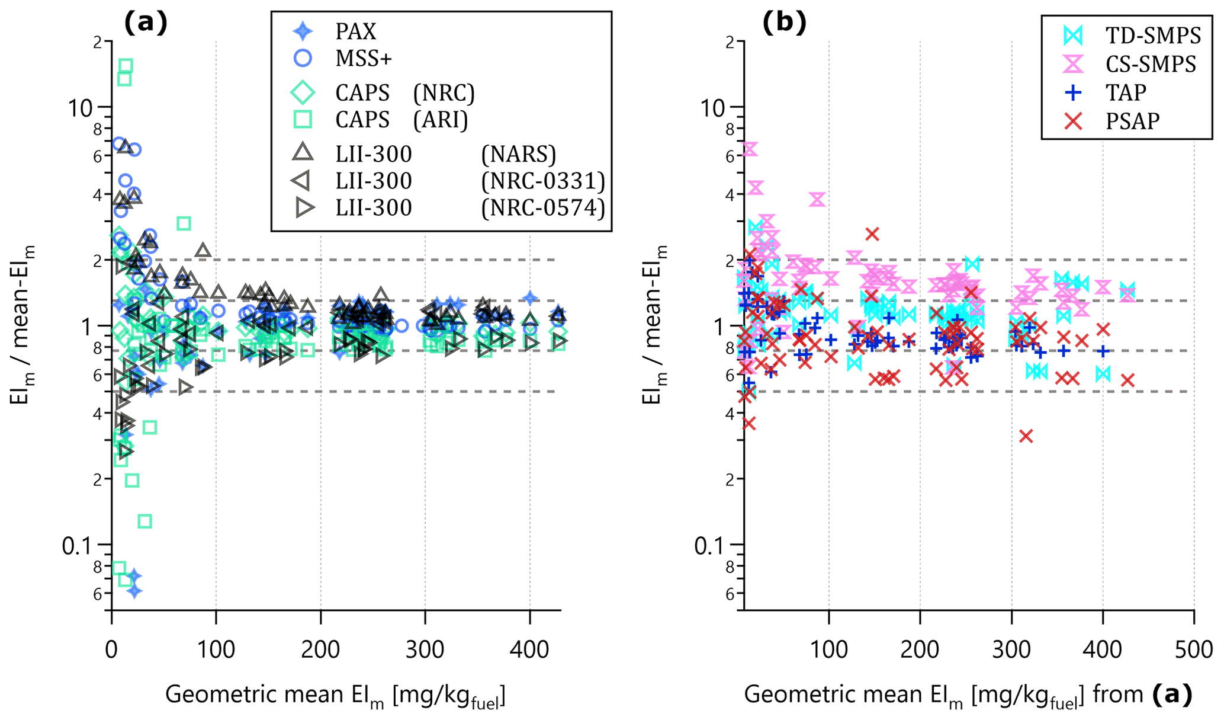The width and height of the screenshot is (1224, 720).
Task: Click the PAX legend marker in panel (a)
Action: click(303, 31)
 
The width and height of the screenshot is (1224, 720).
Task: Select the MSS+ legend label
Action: click(364, 59)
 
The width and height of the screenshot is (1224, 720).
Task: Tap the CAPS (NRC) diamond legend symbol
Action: click(303, 92)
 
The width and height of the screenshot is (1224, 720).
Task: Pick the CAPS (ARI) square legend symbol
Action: click(303, 120)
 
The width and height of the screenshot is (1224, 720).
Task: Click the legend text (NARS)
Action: click(518, 154)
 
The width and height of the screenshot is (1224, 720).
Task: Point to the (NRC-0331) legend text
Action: click(543, 181)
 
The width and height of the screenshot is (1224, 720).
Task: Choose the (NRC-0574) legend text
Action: click(543, 208)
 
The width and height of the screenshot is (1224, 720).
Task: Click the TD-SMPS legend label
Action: click(1153, 36)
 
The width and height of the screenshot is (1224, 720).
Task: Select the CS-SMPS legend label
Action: click(1151, 64)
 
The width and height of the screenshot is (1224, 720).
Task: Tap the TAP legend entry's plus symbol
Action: click(1073, 93)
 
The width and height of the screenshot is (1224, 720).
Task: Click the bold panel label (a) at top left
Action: click(146, 23)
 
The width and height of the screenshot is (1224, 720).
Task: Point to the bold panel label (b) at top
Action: click(783, 23)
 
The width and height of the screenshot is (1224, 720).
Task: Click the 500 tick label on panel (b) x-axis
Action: click(1193, 650)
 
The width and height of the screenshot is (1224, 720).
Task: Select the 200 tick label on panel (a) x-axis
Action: click(320, 650)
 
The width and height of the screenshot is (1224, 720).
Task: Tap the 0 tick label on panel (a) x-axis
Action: click(111, 650)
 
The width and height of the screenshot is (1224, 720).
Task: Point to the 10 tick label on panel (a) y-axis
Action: click(81, 108)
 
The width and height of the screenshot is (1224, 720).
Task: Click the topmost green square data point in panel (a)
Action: click(126, 66)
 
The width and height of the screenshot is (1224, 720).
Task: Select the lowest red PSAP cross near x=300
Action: click(1026, 436)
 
